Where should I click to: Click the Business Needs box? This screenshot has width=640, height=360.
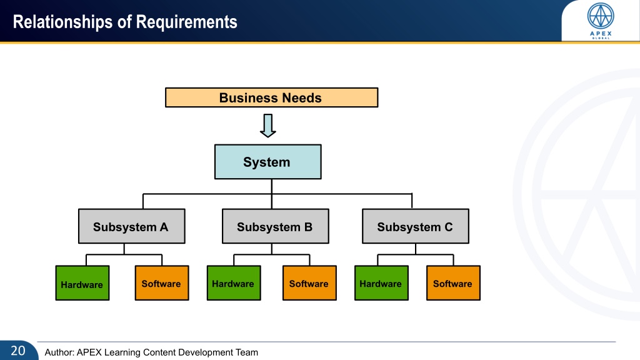pyautogui.click(x=271, y=97)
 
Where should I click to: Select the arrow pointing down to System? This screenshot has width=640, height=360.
pyautogui.click(x=267, y=126)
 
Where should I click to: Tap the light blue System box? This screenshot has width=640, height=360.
pyautogui.click(x=267, y=162)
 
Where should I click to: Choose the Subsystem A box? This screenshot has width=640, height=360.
pyautogui.click(x=131, y=226)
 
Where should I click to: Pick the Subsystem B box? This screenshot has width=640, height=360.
pyautogui.click(x=276, y=226)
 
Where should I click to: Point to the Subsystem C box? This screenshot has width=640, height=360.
pyautogui.click(x=416, y=226)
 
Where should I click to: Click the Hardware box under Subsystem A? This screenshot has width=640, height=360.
pyautogui.click(x=82, y=283)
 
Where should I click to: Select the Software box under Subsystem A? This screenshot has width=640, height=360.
pyautogui.click(x=162, y=283)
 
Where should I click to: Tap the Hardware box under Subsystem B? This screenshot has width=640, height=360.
pyautogui.click(x=234, y=283)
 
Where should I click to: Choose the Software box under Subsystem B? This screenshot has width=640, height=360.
pyautogui.click(x=310, y=283)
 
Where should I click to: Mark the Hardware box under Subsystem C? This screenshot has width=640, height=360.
pyautogui.click(x=382, y=283)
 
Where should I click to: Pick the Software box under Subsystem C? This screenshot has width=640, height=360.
pyautogui.click(x=454, y=283)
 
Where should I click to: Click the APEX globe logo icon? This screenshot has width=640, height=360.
pyautogui.click(x=601, y=16)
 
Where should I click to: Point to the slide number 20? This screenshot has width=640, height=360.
pyautogui.click(x=18, y=351)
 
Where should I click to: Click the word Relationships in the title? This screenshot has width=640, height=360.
pyautogui.click(x=62, y=22)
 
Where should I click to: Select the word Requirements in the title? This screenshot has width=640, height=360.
pyautogui.click(x=186, y=22)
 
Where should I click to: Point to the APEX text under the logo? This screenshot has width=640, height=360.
pyautogui.click(x=601, y=34)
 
